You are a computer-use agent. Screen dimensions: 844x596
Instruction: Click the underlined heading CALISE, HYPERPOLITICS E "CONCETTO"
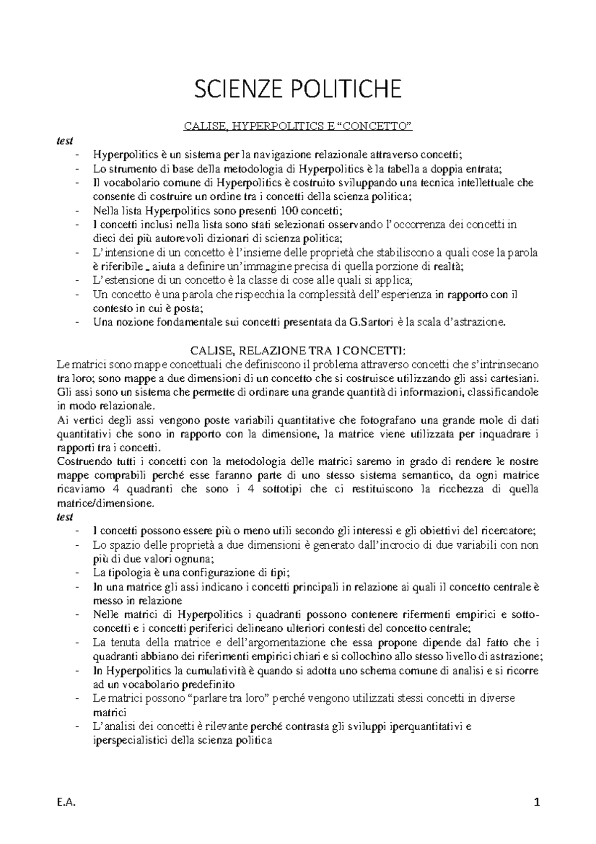(298, 129)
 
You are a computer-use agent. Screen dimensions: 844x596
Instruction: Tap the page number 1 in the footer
(536, 802)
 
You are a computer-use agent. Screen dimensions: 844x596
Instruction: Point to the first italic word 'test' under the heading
(65, 141)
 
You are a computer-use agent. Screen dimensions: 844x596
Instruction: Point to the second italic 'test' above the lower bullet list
(65, 516)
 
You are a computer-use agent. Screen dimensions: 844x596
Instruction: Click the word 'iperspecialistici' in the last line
(129, 740)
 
